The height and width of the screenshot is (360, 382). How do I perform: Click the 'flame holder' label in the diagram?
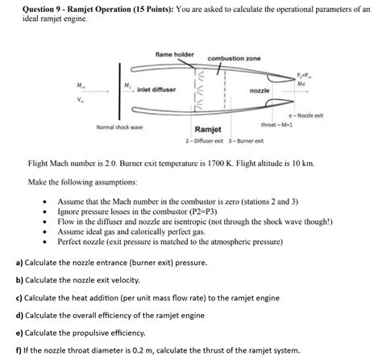point(174,54)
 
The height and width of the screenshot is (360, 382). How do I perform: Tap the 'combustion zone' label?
point(234,60)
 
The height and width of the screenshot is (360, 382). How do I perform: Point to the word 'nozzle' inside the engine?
point(260,91)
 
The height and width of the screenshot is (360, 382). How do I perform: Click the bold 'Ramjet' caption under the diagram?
point(209,129)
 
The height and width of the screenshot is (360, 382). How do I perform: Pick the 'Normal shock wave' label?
point(119,126)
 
